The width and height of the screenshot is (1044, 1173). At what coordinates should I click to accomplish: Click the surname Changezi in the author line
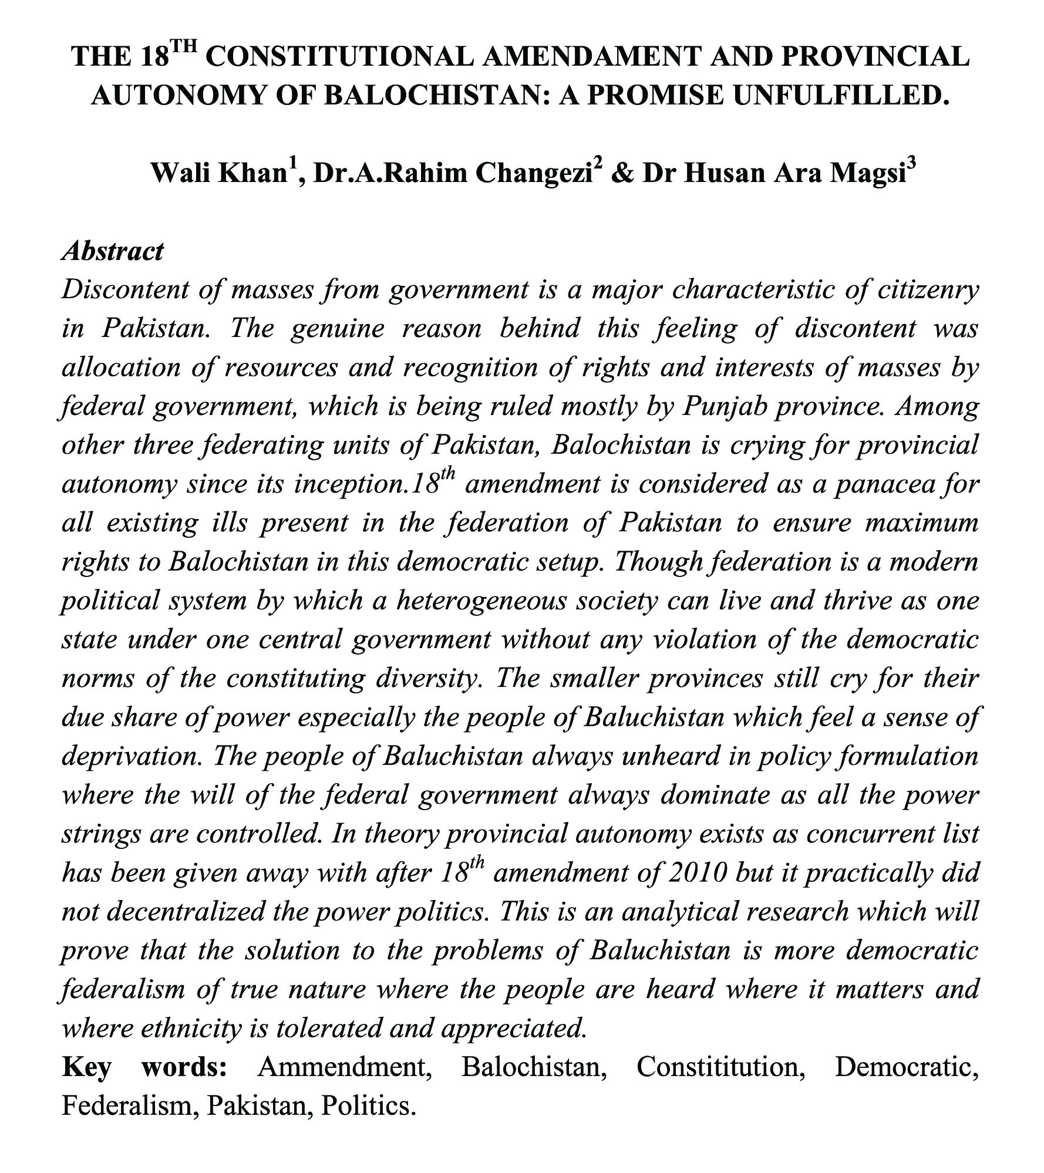(533, 173)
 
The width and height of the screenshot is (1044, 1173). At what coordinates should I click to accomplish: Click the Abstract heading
(112, 251)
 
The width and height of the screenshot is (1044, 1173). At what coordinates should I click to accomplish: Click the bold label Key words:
(144, 1066)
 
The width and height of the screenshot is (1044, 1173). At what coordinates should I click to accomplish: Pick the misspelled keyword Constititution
(720, 1066)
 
